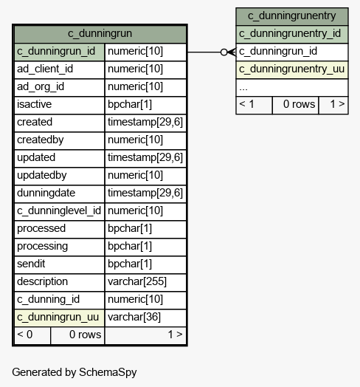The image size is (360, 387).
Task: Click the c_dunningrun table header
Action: point(100,34)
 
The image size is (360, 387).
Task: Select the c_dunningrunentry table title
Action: point(292,16)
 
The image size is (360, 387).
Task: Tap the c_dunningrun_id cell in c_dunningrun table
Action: point(60,52)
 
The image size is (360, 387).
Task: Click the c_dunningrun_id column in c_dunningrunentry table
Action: point(292,52)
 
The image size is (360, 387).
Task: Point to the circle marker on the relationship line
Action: point(224,52)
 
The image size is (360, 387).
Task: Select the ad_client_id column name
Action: point(60,69)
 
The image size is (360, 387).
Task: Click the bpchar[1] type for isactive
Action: point(145,105)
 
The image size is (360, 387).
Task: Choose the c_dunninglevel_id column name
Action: point(60,211)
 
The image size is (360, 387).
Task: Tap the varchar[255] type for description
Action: point(145,282)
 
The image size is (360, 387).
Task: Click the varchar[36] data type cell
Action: point(145,318)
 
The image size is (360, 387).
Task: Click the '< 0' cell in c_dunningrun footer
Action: point(32,335)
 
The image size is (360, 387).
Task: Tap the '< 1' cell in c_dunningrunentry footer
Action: point(255,105)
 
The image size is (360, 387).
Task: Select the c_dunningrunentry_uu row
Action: point(292,69)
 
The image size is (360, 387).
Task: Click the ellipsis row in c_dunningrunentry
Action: point(292,87)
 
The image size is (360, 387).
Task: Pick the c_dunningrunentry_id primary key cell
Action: point(292,34)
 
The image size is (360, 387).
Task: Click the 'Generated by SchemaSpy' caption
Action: point(75,372)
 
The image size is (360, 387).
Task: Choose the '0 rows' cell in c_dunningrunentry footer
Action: point(295,105)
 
